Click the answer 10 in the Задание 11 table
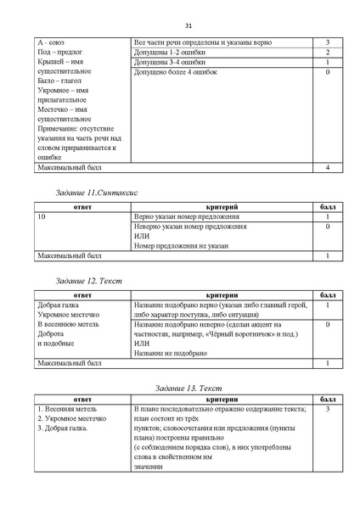[x=42, y=217]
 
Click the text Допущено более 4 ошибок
[x=172, y=73]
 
